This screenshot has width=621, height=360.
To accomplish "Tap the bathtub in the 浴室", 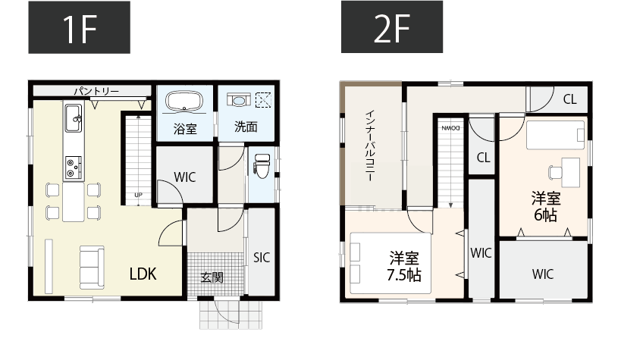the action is [x=184, y=102].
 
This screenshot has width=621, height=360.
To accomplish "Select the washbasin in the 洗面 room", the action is [x=238, y=100].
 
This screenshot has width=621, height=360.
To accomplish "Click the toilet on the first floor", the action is [x=262, y=166].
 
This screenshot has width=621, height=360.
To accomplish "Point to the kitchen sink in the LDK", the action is [x=74, y=118].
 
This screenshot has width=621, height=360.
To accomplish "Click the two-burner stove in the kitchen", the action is [x=73, y=167].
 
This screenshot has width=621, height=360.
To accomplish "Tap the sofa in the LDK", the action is [x=92, y=267].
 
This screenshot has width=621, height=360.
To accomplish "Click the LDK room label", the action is [x=143, y=274].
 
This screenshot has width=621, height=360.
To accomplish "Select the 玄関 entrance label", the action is [x=212, y=277].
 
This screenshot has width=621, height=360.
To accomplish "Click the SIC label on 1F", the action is [x=262, y=258].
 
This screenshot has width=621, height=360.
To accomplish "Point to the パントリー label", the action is [x=96, y=92].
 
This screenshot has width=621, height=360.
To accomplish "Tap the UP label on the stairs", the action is [x=138, y=195].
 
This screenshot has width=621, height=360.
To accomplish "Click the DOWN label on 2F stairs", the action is [x=450, y=128].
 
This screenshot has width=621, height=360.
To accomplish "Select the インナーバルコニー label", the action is [x=369, y=146].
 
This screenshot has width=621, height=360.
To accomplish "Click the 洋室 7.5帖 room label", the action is [x=404, y=266].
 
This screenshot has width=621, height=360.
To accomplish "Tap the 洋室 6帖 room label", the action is [x=546, y=206].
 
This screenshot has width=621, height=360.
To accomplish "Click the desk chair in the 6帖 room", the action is [x=555, y=173].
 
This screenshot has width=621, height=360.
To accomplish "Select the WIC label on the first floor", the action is [x=184, y=177].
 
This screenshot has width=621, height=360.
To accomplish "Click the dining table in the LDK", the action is [x=74, y=202].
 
